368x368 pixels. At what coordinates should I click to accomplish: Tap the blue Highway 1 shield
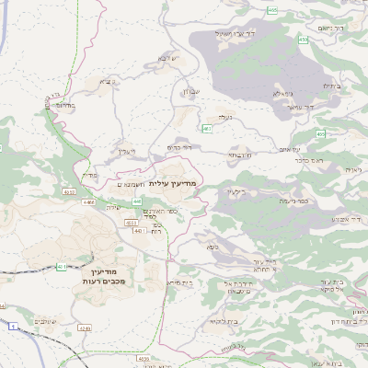pyautogui.click(x=12, y=326)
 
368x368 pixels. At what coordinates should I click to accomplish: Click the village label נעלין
pyautogui.click(x=224, y=117)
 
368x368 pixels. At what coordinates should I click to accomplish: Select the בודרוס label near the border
pyautogui.click(x=65, y=107)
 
